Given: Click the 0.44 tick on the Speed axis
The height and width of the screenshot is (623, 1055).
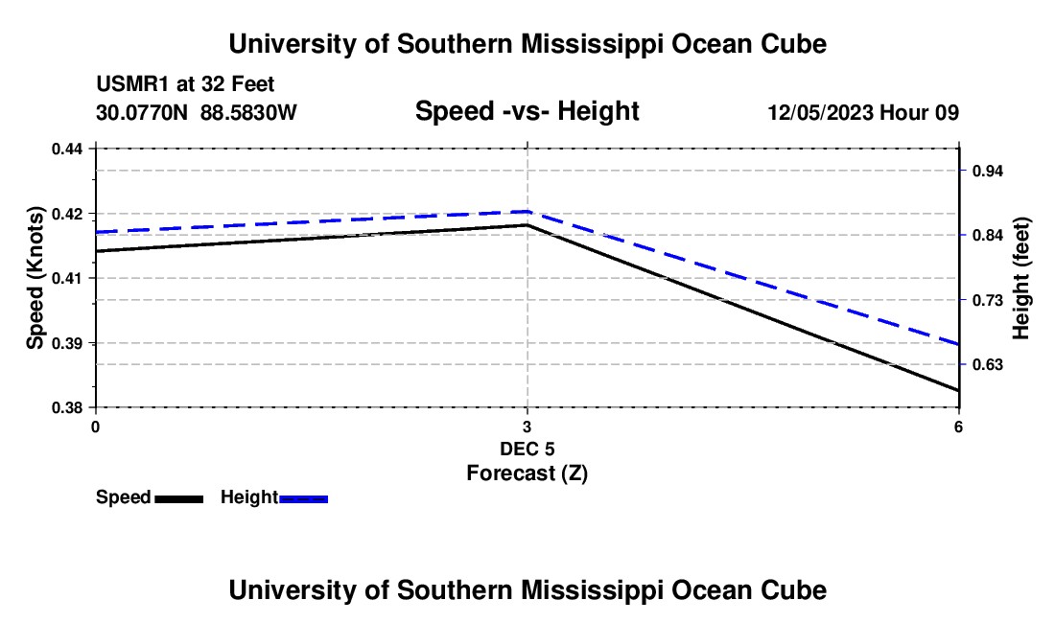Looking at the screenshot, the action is coord(67,149).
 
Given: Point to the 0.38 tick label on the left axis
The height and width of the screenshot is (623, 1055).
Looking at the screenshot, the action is coord(67,408).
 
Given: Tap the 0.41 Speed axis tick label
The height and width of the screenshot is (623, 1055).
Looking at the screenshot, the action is coord(67,278).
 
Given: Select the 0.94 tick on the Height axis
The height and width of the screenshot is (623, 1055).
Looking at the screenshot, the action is coord(987,172).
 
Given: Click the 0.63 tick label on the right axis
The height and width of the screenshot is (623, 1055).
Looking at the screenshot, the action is coord(987,365).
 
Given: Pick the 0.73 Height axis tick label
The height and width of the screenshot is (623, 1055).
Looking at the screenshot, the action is coord(987,300).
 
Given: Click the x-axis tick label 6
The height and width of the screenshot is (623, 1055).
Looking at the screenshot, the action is coord(958,427).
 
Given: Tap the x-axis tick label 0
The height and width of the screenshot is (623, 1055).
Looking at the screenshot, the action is coord(96,427).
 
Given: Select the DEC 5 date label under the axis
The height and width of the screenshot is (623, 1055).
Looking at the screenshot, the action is coord(527,449).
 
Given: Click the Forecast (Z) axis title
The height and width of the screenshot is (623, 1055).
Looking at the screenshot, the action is coord(527,473).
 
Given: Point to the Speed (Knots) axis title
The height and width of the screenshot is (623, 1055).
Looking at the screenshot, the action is coord(35,278).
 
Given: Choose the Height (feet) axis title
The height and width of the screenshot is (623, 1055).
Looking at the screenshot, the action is coord(1020,278).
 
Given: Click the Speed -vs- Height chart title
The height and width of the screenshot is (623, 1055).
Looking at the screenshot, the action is coord(527,111).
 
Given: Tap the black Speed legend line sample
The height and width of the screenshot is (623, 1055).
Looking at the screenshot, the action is coord(179,499).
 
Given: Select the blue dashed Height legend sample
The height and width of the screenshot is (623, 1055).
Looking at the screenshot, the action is coord(303,499).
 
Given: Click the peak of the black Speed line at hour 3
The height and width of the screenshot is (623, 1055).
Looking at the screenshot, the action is coord(527,225).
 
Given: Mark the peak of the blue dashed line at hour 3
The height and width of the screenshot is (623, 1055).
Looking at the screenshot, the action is coord(527,212).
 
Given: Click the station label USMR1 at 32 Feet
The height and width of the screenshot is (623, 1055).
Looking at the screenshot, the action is coord(185,84).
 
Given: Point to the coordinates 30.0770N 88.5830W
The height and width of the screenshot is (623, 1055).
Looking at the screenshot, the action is coord(196,112).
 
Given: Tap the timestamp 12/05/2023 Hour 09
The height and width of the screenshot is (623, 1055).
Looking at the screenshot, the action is coord(863,112).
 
